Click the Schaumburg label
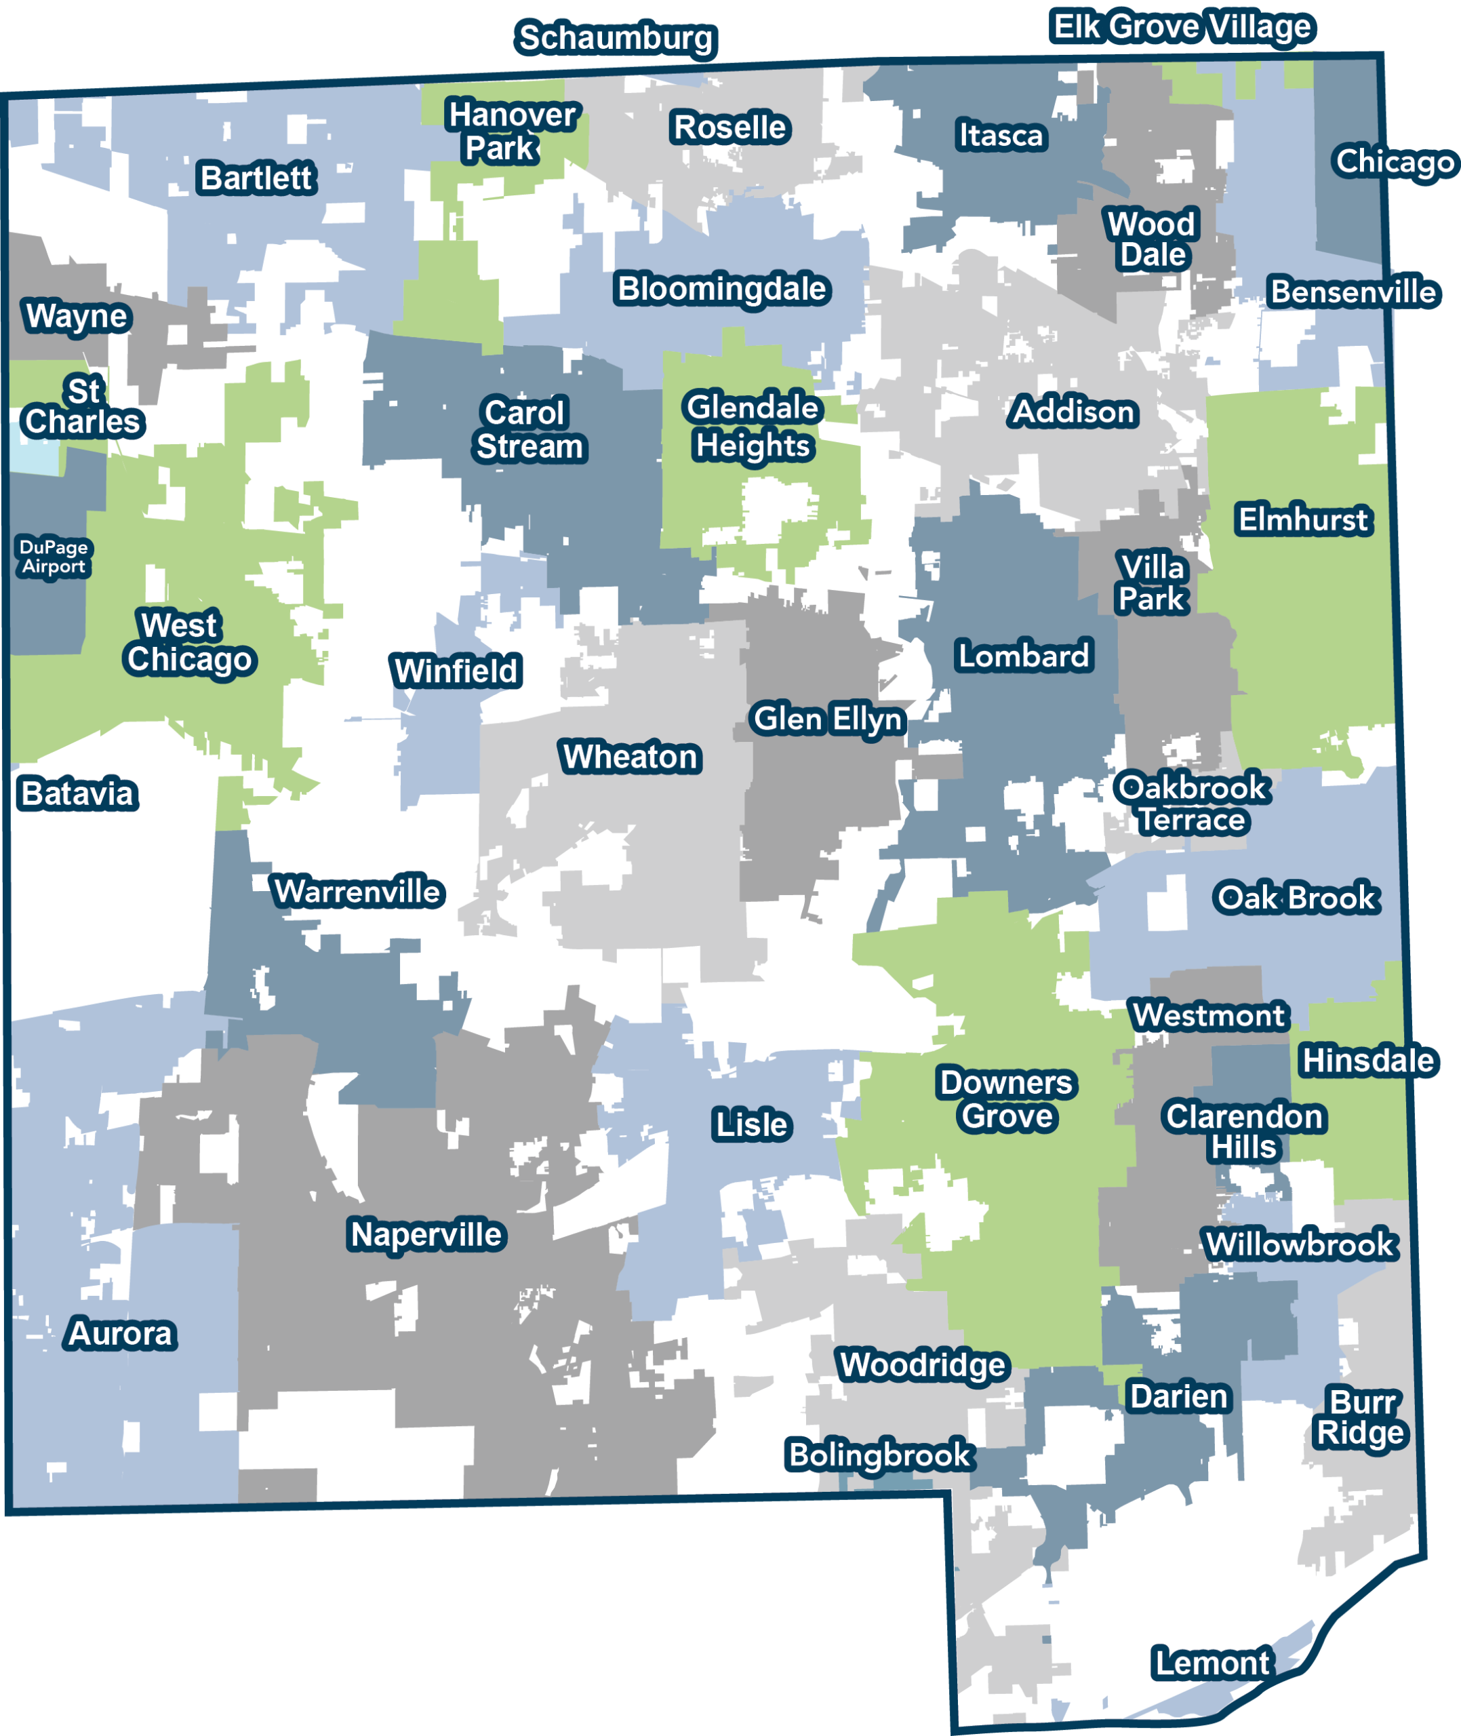click(616, 38)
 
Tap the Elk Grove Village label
click(1182, 26)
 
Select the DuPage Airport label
click(53, 557)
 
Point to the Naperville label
click(426, 1235)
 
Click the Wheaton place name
click(631, 757)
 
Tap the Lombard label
click(1023, 656)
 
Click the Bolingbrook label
click(879, 1455)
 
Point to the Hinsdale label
click(1367, 1061)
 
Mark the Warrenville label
click(358, 892)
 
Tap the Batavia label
click(77, 793)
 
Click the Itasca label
click(1001, 135)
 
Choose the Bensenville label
click(1353, 292)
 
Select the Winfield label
click(456, 671)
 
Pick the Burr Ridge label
click(1361, 1417)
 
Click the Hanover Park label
click(511, 131)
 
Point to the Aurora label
click(121, 1333)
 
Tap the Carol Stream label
click(528, 430)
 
